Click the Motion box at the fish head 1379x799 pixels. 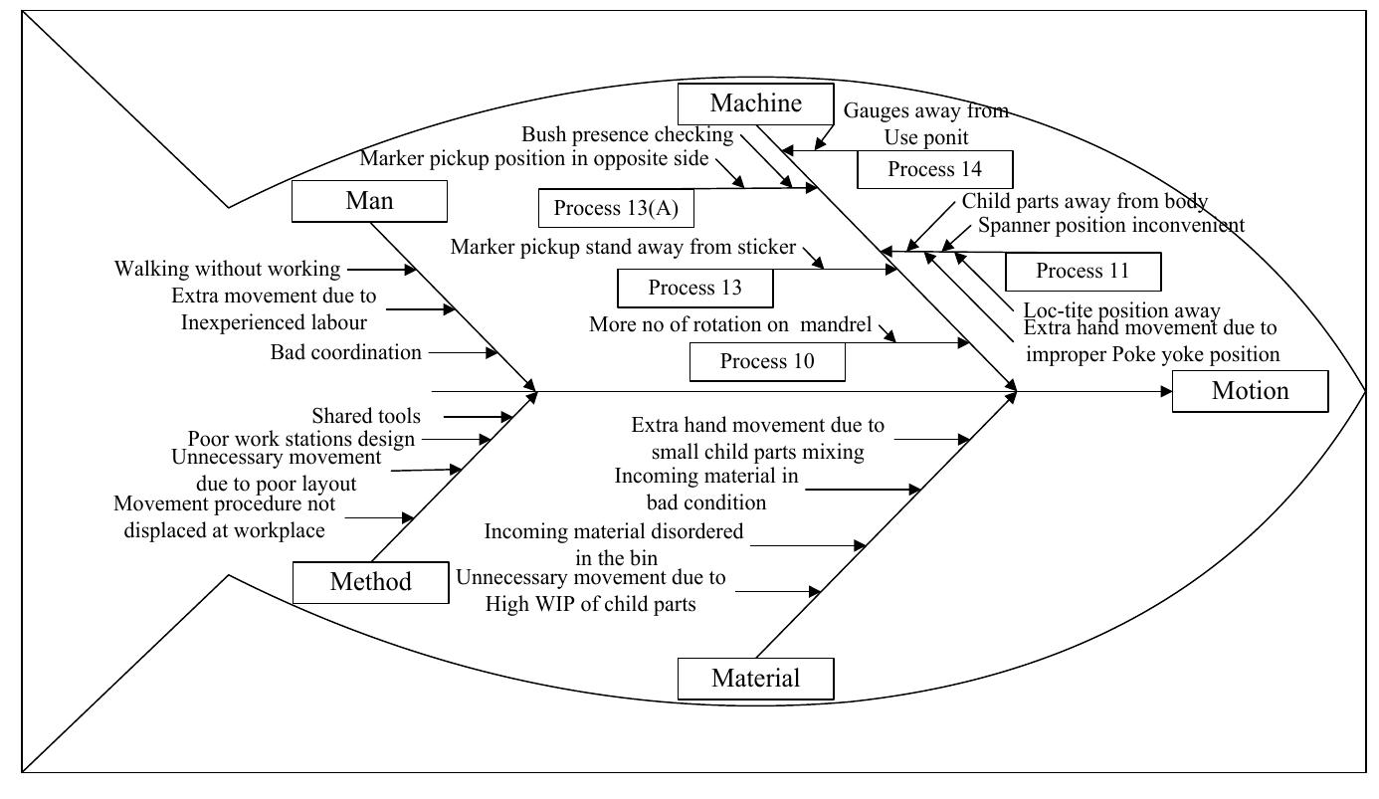click(1250, 391)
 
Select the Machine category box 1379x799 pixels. click(755, 103)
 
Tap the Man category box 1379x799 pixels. click(369, 201)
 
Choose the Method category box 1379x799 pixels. click(370, 582)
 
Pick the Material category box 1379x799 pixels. click(755, 679)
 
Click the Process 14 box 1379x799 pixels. click(934, 169)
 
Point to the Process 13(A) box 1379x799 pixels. click(616, 208)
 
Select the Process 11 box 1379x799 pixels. click(1083, 271)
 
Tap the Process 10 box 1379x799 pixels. click(767, 361)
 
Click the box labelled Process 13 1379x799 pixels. click(694, 289)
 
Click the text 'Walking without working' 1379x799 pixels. click(227, 269)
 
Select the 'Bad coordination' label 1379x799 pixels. click(345, 352)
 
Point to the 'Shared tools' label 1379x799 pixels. click(365, 416)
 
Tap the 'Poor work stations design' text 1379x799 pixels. click(301, 439)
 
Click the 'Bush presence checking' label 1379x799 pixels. click(627, 134)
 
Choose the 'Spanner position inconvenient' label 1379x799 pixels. click(1110, 225)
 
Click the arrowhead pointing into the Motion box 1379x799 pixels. click(1166, 392)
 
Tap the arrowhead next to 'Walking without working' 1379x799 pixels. click(410, 270)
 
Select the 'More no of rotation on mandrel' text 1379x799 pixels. click(729, 324)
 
